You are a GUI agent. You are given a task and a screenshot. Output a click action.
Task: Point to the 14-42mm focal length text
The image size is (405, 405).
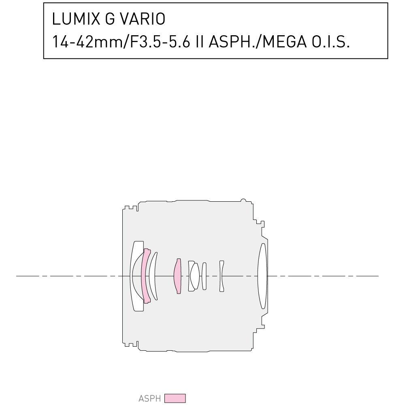(x=85, y=42)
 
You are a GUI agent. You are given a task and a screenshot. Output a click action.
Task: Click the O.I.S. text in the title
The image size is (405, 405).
(x=330, y=42)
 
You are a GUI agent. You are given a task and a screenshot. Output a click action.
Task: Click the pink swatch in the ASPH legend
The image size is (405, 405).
(x=175, y=399)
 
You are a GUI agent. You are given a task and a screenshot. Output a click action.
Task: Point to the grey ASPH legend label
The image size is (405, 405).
(x=149, y=399)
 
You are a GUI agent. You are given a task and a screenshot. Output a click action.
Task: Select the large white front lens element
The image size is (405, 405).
(x=136, y=276)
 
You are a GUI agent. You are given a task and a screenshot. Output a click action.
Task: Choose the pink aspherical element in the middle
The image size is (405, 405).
(x=177, y=276)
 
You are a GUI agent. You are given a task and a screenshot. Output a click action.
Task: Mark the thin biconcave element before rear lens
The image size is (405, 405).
(x=222, y=276)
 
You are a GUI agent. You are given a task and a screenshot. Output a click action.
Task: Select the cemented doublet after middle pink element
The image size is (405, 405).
(x=194, y=276)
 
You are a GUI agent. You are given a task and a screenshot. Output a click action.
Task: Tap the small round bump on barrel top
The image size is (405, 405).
(x=243, y=200)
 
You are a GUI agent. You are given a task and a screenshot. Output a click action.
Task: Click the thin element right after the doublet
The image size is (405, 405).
(x=204, y=276)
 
